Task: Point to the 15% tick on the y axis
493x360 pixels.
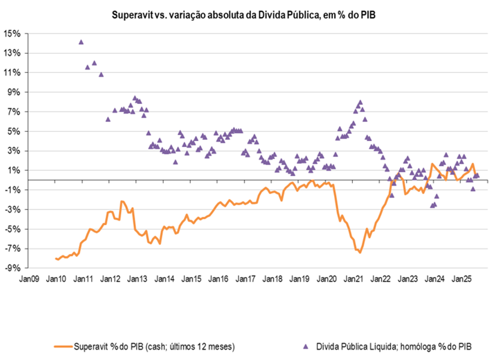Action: pyautogui.click(x=13, y=33)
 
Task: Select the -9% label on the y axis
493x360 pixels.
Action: pyautogui.click(x=13, y=268)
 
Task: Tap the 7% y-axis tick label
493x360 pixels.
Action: pyautogui.click(x=15, y=112)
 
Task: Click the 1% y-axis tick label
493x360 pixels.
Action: pyautogui.click(x=15, y=170)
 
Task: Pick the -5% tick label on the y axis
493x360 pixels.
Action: pyautogui.click(x=13, y=229)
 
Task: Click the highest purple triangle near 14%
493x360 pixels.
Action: pyautogui.click(x=81, y=41)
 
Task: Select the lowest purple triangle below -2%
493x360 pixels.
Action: pyautogui.click(x=432, y=205)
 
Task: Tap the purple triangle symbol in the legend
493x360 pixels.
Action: pyautogui.click(x=305, y=345)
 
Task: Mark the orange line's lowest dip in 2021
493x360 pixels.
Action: pyautogui.click(x=360, y=252)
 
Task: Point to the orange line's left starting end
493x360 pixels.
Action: pyautogui.click(x=55, y=259)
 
